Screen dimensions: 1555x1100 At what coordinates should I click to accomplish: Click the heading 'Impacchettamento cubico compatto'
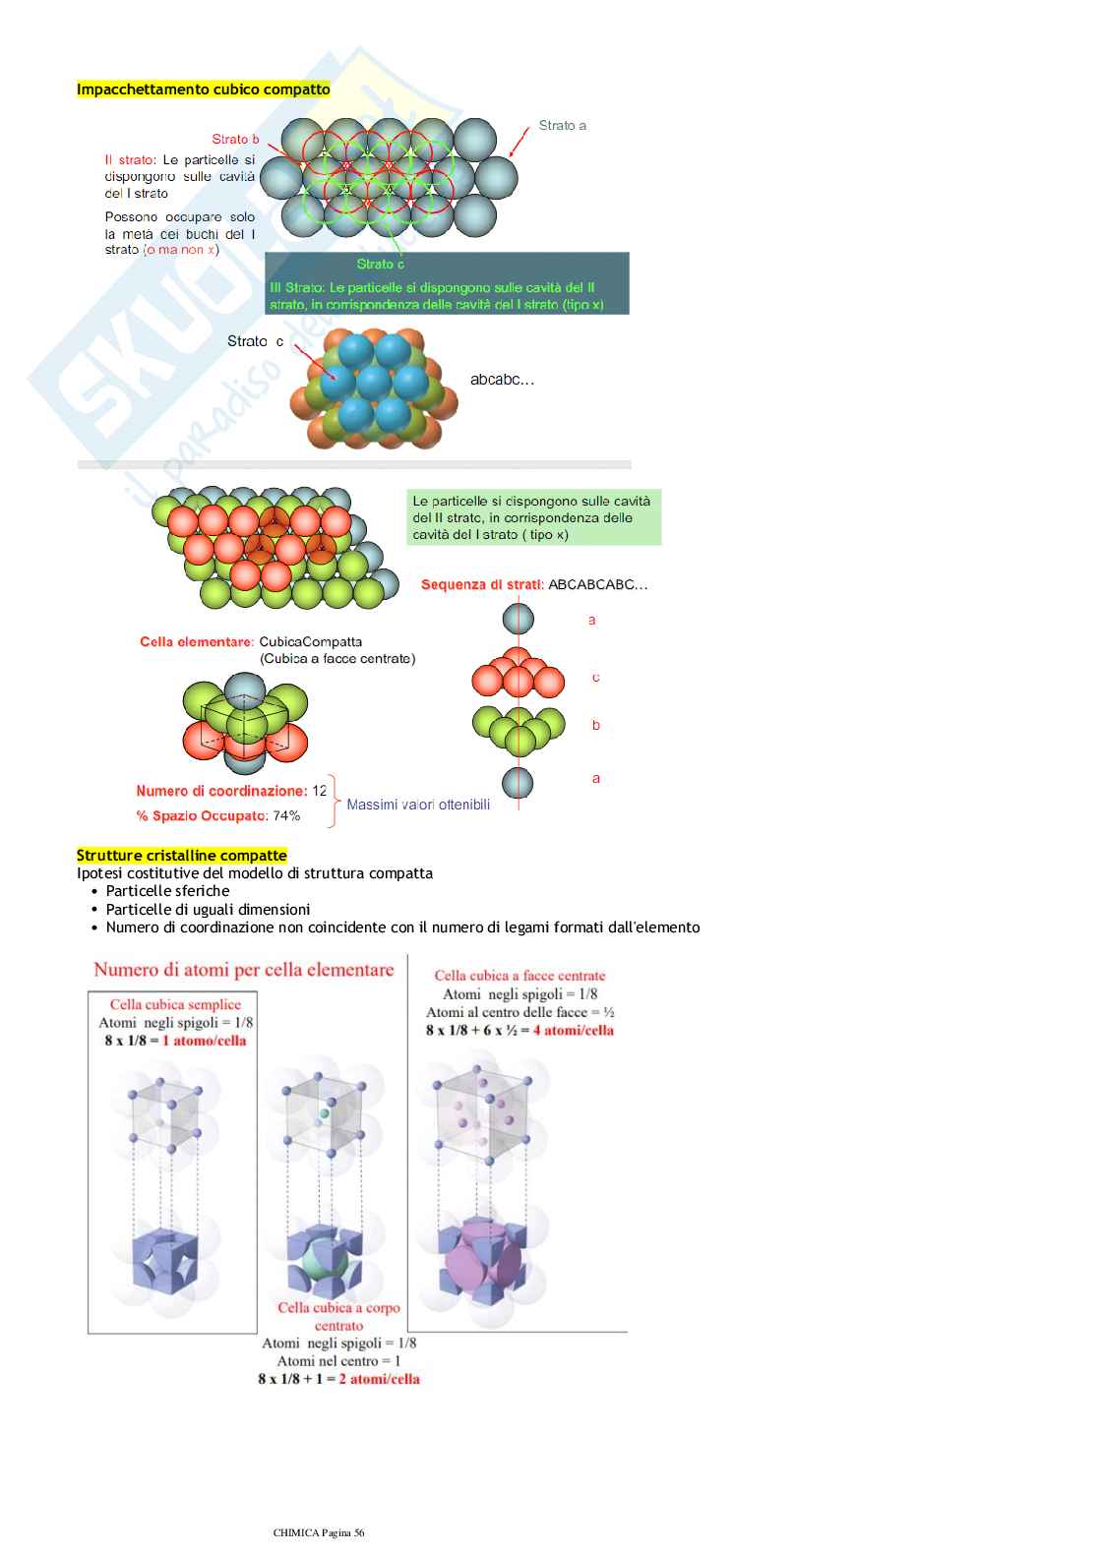pyautogui.click(x=204, y=90)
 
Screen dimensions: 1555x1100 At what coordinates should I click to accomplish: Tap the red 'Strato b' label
pyautogui.click(x=235, y=140)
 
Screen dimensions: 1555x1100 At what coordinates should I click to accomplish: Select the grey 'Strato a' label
pyautogui.click(x=562, y=126)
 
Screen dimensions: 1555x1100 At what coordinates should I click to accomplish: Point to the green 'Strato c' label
pyautogui.click(x=380, y=264)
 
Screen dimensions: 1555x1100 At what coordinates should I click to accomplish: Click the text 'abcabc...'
pyautogui.click(x=502, y=380)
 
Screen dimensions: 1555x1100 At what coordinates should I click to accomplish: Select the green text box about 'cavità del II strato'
pyautogui.click(x=532, y=518)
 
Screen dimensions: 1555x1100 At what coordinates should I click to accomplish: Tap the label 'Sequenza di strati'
pyautogui.click(x=481, y=585)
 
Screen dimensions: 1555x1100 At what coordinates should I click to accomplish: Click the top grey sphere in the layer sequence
pyautogui.click(x=519, y=619)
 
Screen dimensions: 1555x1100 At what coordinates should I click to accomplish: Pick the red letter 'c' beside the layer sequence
pyautogui.click(x=595, y=678)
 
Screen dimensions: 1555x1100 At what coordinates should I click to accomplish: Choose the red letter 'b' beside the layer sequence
pyautogui.click(x=595, y=726)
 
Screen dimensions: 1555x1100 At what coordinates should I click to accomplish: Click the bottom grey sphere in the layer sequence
pyautogui.click(x=518, y=783)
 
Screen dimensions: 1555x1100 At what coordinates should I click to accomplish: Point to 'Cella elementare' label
pyautogui.click(x=197, y=642)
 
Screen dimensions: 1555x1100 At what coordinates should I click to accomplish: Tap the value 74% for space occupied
pyautogui.click(x=286, y=816)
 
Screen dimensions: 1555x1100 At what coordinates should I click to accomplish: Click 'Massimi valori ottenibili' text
pyautogui.click(x=418, y=806)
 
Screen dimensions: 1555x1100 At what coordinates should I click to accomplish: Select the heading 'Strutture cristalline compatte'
pyautogui.click(x=182, y=856)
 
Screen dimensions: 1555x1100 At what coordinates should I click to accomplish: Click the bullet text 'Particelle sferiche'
pyautogui.click(x=167, y=891)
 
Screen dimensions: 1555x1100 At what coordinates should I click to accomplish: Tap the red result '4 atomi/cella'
pyautogui.click(x=574, y=1031)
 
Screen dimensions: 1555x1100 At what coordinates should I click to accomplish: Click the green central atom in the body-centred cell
pyautogui.click(x=324, y=1114)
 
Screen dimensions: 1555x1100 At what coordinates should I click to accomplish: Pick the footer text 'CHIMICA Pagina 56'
pyautogui.click(x=319, y=1532)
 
